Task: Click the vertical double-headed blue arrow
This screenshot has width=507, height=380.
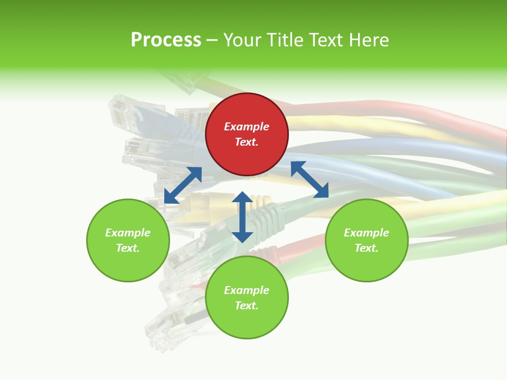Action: point(242,217)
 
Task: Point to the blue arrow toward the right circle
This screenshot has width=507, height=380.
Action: point(309,179)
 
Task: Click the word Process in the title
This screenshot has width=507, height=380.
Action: point(166,40)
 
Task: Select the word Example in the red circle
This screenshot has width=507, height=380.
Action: point(247,127)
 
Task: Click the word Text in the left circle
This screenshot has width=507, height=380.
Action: point(127,248)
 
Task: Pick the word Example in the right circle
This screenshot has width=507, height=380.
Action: point(367,233)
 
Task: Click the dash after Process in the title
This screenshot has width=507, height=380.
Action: point(212,40)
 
